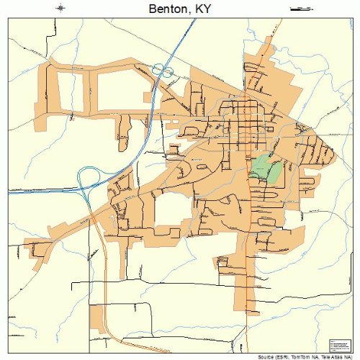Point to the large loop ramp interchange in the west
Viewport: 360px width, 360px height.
[91, 177]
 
